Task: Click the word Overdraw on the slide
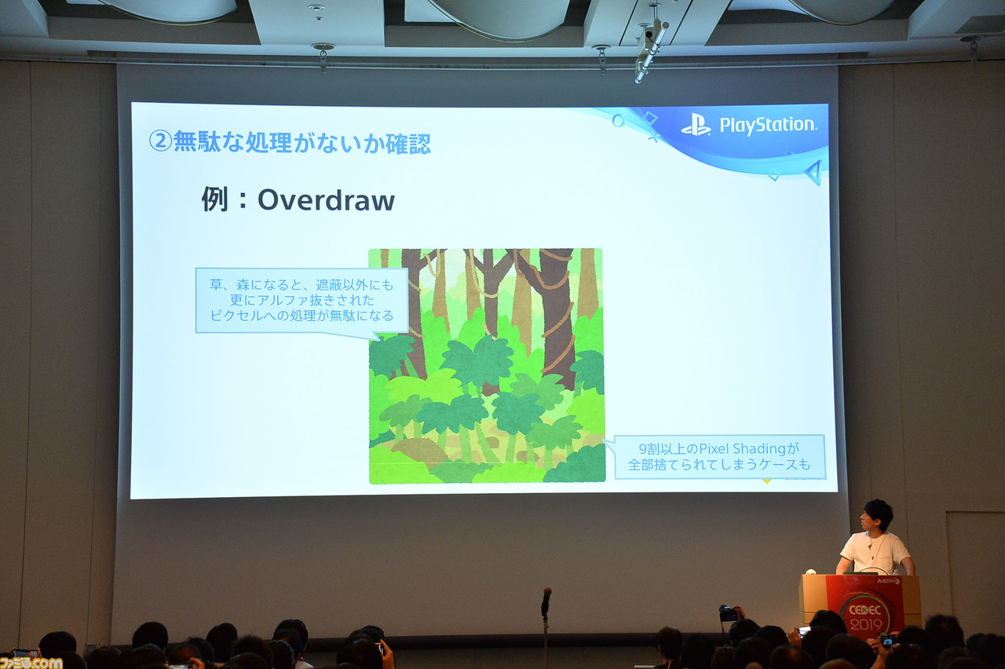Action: [326, 201]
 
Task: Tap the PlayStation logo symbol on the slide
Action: [696, 125]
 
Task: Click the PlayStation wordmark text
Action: [768, 125]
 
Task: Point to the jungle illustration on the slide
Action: [487, 366]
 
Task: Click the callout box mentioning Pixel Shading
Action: [718, 457]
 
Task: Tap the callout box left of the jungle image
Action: [301, 301]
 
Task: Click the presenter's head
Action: [878, 515]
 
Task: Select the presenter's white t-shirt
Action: [875, 552]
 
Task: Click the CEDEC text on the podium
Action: [863, 605]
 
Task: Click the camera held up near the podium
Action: [728, 612]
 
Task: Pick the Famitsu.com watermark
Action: [31, 662]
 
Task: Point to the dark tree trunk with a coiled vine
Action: [556, 314]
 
